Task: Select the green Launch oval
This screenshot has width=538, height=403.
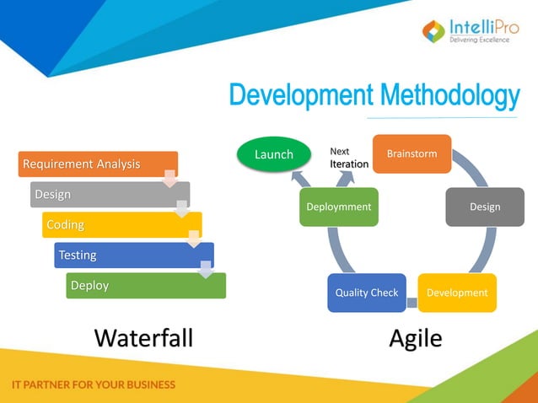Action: pyautogui.click(x=273, y=154)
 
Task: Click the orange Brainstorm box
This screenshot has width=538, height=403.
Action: pyautogui.click(x=412, y=153)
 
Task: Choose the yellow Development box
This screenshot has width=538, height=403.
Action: pyautogui.click(x=457, y=293)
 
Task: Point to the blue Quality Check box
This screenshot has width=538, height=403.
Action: pyautogui.click(x=366, y=293)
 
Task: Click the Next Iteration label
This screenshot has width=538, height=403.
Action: pyautogui.click(x=348, y=158)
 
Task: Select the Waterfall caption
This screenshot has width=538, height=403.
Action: pyautogui.click(x=143, y=338)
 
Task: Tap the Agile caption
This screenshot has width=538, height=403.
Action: pyautogui.click(x=415, y=338)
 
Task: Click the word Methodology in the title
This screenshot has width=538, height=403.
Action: pyautogui.click(x=449, y=96)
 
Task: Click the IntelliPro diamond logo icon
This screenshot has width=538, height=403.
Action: pyautogui.click(x=433, y=32)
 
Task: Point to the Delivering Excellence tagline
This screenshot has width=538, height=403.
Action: pyautogui.click(x=479, y=40)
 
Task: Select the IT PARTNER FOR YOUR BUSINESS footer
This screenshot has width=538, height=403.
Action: pyautogui.click(x=94, y=384)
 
